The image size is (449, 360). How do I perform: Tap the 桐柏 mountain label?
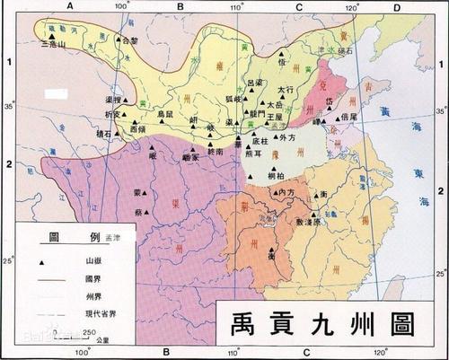[281, 176]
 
